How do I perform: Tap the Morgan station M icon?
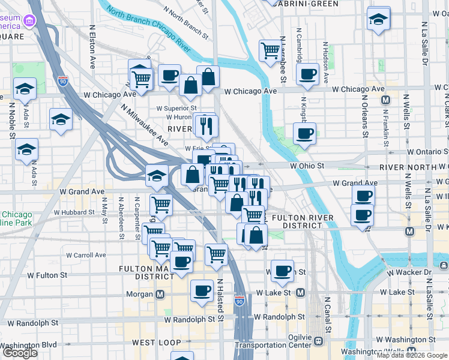160,295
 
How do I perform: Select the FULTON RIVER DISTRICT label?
298,221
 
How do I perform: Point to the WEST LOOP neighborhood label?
156,343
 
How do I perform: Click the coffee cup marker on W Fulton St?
282,271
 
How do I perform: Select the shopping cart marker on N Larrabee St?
270,50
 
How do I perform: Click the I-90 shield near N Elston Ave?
63,80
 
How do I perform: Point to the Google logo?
20,353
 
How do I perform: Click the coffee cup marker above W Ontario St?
304,133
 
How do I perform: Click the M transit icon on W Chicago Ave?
385,100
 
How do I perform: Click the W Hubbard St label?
74,212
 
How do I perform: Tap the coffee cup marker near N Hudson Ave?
307,74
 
